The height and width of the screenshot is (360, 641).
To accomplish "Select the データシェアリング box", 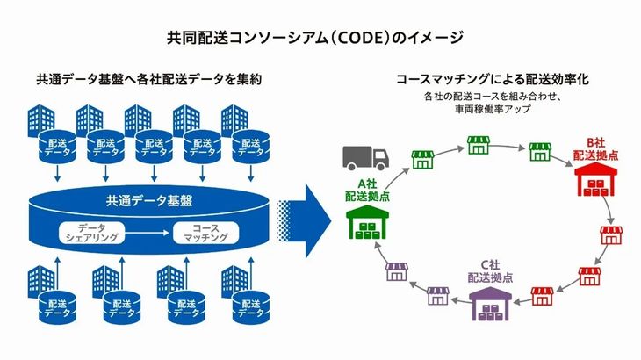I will point(92,233).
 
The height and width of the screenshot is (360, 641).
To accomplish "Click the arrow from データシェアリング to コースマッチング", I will point(148,233).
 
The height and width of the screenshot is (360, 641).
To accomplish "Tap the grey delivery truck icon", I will point(365,158).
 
